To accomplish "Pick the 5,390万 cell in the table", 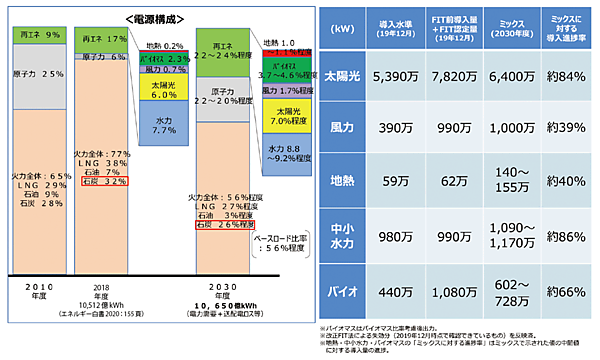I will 400,77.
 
